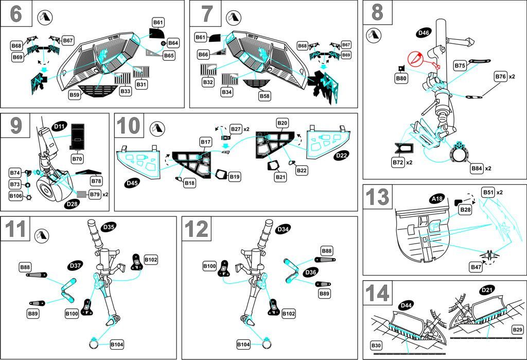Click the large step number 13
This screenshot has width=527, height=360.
377,197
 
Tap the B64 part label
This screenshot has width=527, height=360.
173,43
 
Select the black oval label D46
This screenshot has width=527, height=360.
424,34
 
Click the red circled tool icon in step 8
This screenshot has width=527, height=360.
416,60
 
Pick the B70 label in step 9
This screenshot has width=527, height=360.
77,159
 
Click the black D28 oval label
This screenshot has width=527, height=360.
73,204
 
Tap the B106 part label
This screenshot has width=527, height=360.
16,196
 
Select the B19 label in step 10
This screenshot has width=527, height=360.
235,177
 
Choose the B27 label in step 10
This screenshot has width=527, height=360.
236,128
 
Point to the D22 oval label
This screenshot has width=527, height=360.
342,155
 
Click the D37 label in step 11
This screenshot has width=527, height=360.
75,265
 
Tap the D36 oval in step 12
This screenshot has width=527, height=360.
311,272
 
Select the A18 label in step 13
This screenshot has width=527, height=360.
437,198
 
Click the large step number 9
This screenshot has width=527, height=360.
16,125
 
